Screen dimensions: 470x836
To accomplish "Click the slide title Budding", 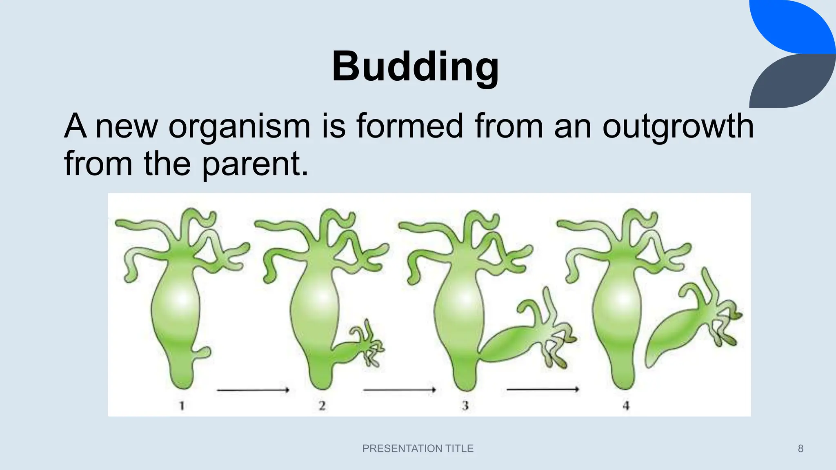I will tap(415, 67).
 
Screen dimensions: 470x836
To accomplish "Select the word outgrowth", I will tap(678, 126).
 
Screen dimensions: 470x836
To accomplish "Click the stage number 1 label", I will tap(182, 406).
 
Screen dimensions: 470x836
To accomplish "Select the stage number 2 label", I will tap(322, 406).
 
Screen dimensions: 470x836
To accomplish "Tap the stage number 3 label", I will tap(465, 406).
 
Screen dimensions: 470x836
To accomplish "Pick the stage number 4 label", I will tap(626, 406).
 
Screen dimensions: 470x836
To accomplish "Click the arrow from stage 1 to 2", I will tap(253, 390).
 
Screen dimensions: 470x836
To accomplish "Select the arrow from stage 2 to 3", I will tap(400, 390).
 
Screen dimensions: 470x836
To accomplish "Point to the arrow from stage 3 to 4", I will tap(543, 390).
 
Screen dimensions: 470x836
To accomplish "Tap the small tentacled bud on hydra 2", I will tap(359, 347).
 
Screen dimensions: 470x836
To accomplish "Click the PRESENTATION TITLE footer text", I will tap(418, 448).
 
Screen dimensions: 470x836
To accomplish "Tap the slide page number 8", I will tap(800, 449).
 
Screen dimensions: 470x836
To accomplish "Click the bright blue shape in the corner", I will tap(796, 24).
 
